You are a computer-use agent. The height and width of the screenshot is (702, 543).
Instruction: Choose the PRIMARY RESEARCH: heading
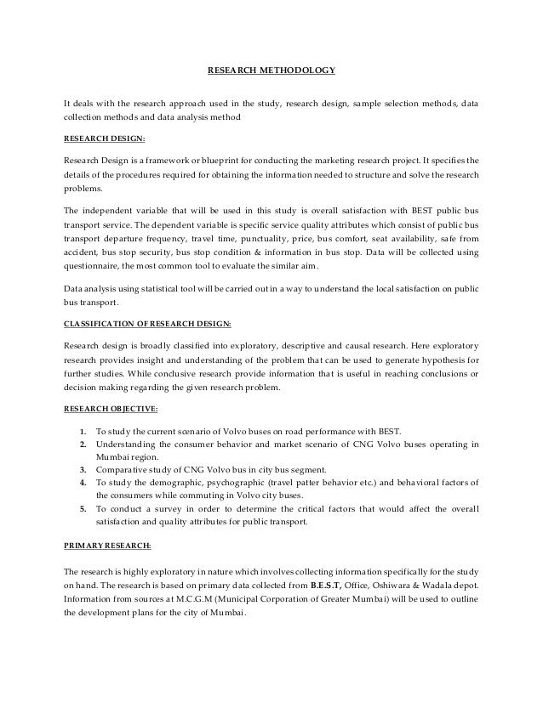[x=106, y=541]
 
